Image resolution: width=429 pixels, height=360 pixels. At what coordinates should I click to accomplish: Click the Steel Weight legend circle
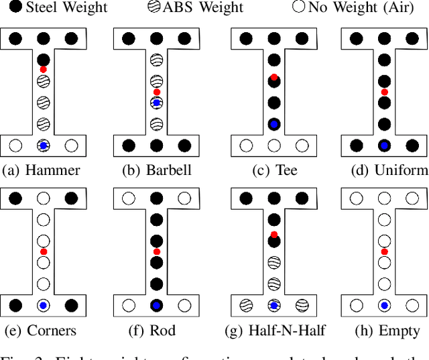tap(14, 8)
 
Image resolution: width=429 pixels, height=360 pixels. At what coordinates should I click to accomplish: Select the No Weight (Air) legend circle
tap(299, 8)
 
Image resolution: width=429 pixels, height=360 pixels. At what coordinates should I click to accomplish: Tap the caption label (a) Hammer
tap(42, 170)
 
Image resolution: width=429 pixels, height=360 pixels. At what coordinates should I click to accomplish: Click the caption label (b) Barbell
tap(156, 170)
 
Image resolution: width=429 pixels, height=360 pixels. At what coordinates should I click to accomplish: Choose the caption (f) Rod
tap(156, 331)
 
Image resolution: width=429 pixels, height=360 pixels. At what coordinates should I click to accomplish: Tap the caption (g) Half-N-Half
tap(272, 331)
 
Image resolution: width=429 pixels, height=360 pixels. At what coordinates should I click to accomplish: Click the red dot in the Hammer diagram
tap(44, 69)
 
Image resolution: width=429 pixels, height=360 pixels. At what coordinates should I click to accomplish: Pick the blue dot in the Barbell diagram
tap(156, 103)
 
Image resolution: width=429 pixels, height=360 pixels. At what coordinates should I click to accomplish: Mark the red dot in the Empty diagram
tap(384, 251)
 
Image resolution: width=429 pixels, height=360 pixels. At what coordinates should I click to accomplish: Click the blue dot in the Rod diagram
tap(156, 306)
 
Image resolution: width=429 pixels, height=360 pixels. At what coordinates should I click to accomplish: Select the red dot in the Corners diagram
tap(44, 251)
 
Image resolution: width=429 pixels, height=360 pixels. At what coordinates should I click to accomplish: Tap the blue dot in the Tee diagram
tap(273, 125)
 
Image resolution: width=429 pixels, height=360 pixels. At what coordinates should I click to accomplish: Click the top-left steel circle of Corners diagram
tap(15, 198)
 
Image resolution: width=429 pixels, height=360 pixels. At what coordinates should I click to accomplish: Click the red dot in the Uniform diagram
tap(384, 91)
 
